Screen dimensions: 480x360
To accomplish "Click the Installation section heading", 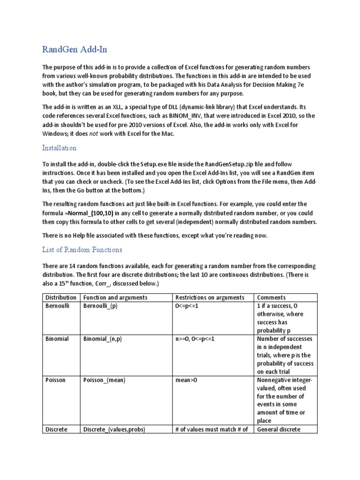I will pyautogui.click(x=59, y=148).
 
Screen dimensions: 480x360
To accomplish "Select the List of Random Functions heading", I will pyautogui.click(x=82, y=249).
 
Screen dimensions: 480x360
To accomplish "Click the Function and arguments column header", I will pyautogui.click(x=115, y=298).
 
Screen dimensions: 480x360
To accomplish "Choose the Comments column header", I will pyautogui.click(x=271, y=298).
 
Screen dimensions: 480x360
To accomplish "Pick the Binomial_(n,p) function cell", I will pyautogui.click(x=102, y=338).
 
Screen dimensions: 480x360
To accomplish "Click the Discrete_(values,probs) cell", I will pyautogui.click(x=113, y=429).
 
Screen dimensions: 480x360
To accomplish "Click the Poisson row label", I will pyautogui.click(x=55, y=380).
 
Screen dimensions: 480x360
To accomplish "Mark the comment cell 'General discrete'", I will pyautogui.click(x=278, y=429).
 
